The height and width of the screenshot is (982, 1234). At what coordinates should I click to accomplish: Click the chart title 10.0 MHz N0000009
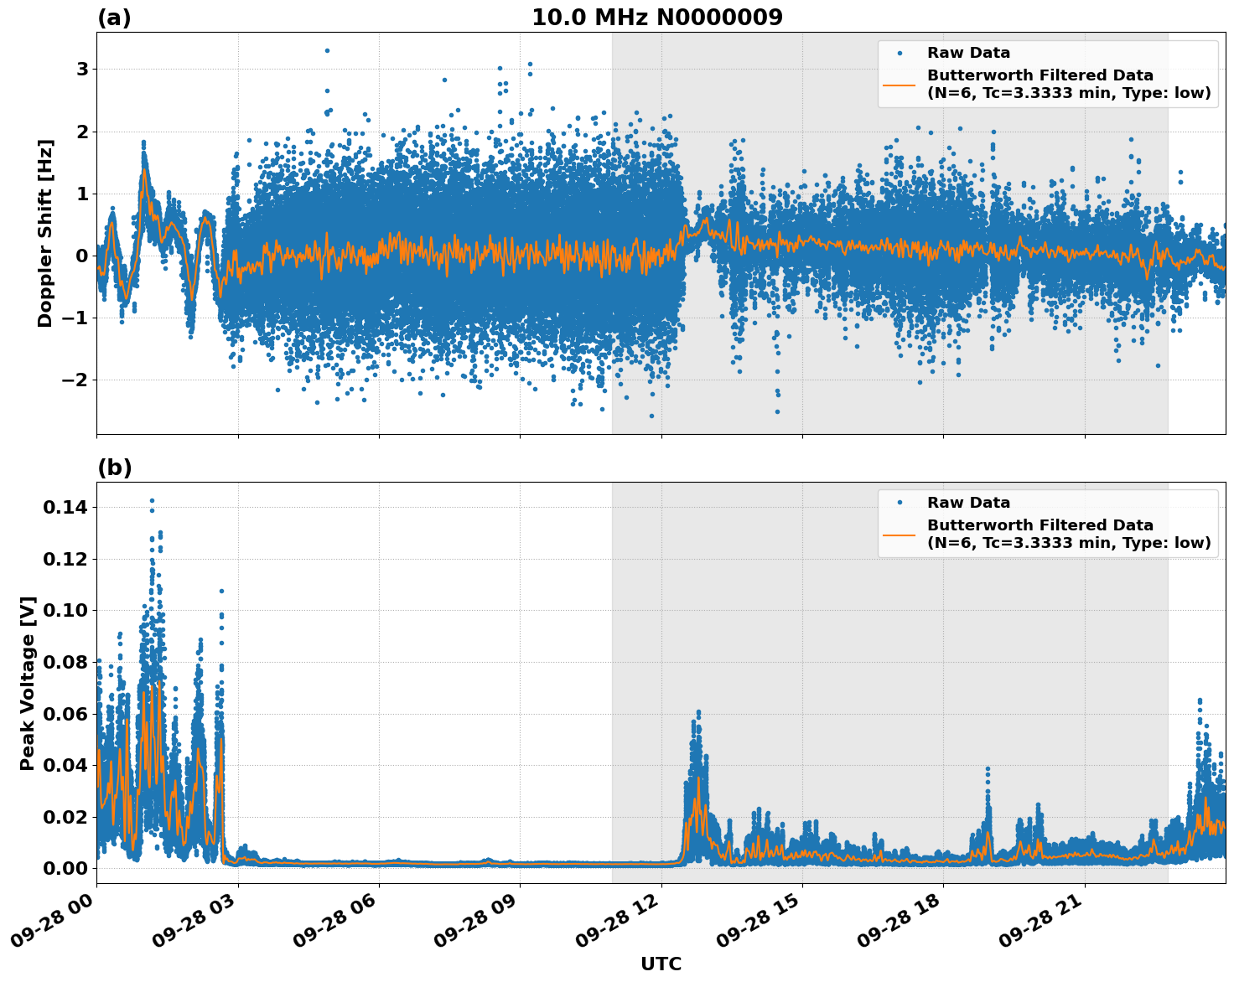656,18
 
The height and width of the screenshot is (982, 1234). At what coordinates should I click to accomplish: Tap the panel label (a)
114,18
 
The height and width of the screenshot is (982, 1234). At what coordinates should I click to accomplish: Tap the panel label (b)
114,468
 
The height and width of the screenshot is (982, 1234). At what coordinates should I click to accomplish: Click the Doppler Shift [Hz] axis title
45,233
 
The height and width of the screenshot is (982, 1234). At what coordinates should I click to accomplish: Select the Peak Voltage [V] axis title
28,683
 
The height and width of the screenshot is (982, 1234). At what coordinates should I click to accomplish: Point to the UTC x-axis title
661,964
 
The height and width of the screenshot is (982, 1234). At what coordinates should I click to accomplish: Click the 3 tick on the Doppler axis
82,69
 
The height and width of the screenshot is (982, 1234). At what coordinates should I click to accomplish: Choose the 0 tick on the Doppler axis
82,256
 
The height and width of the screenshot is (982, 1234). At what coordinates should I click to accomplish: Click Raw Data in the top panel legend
968,53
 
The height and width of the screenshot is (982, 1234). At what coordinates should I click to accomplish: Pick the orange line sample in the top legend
899,84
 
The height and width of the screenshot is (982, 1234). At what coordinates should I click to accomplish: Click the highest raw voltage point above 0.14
152,500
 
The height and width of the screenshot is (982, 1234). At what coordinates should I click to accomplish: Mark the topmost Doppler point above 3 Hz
327,50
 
